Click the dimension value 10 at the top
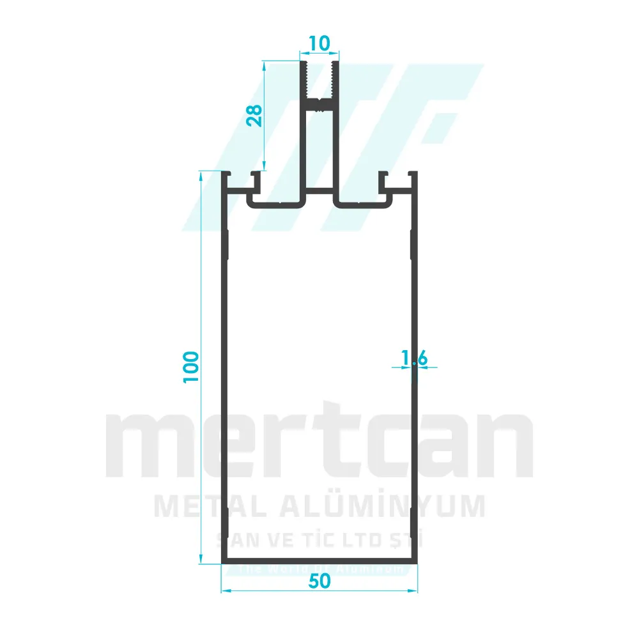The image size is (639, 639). [319, 43]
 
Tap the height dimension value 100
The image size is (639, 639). [192, 367]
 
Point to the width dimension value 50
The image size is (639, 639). [319, 581]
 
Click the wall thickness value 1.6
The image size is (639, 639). [414, 360]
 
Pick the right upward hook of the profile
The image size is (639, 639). [383, 181]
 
